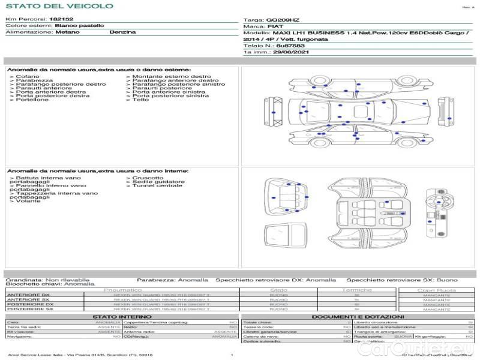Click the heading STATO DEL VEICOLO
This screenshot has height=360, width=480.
click(59, 6)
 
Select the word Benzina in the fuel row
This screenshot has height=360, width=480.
click(122, 32)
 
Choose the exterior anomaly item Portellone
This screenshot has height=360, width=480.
click(32, 100)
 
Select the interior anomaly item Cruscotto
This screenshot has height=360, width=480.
click(147, 178)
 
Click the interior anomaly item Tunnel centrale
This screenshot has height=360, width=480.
click(157, 186)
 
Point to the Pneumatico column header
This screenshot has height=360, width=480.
click(123, 290)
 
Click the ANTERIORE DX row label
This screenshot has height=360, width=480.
click(30, 295)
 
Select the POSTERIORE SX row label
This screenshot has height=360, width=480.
click(30, 309)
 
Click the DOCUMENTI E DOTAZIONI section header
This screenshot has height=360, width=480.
click(358, 316)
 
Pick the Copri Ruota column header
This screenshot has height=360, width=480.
click(436, 290)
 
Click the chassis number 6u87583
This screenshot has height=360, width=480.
click(290, 46)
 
